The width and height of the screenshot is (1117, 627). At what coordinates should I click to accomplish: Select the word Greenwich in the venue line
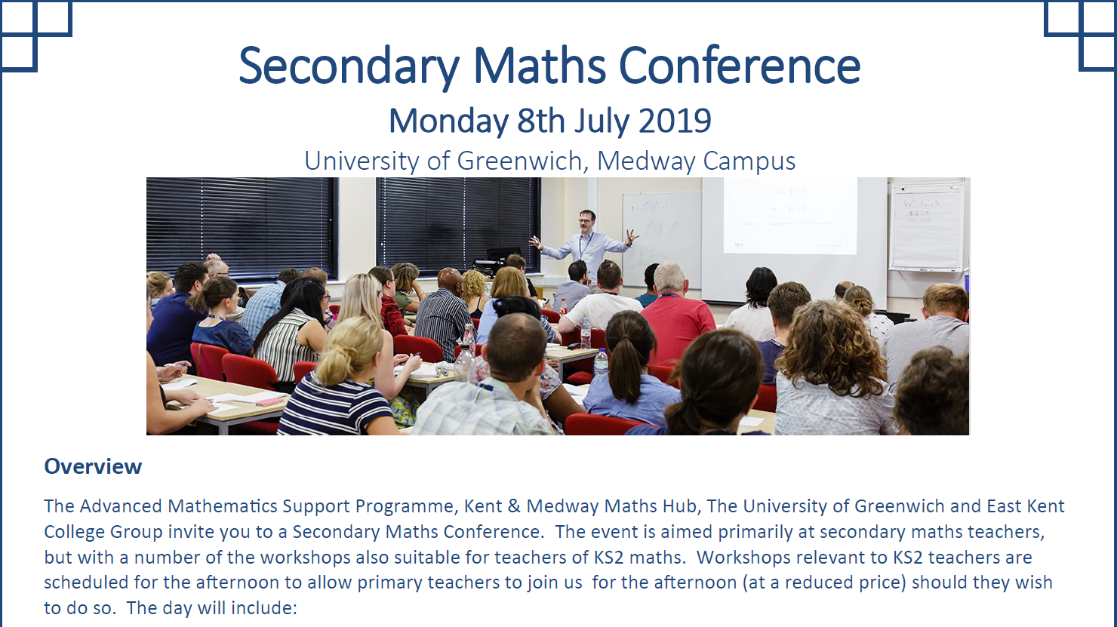(519, 161)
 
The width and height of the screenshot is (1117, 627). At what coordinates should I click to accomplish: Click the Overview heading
(93, 466)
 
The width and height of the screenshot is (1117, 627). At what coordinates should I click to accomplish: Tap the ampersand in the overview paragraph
(514, 506)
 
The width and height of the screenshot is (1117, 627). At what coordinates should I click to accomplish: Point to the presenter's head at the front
(587, 220)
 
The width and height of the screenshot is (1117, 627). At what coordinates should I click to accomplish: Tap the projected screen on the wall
(790, 215)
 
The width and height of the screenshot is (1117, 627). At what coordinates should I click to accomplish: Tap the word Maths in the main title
(539, 66)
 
